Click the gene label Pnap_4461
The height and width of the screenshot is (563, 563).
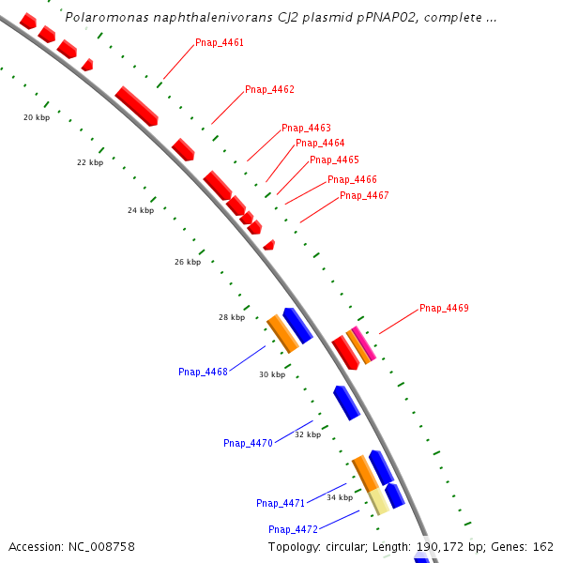coord(220,43)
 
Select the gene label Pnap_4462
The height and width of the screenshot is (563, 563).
coord(269,90)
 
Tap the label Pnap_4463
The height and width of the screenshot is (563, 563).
coord(306,128)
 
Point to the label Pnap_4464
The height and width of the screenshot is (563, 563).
coord(320,144)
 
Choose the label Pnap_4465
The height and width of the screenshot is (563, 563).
coord(334,160)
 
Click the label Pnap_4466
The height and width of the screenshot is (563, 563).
coord(352,180)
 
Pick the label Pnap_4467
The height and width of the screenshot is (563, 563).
coord(364,196)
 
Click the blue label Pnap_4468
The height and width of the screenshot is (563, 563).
coord(203,373)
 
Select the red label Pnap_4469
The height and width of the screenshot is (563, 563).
coord(444,309)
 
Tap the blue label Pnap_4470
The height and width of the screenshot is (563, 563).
coord(248,443)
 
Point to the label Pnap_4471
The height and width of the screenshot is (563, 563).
coord(281,504)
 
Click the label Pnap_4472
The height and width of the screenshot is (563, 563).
coord(293,529)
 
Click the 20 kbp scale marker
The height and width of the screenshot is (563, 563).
coord(37,117)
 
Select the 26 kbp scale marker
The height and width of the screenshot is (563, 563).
coord(188,262)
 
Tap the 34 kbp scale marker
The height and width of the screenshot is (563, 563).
coord(340,497)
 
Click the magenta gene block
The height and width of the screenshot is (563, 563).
coord(364,343)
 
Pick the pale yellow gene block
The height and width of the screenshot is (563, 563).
coord(378,500)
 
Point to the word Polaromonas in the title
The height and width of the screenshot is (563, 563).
coord(102,18)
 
